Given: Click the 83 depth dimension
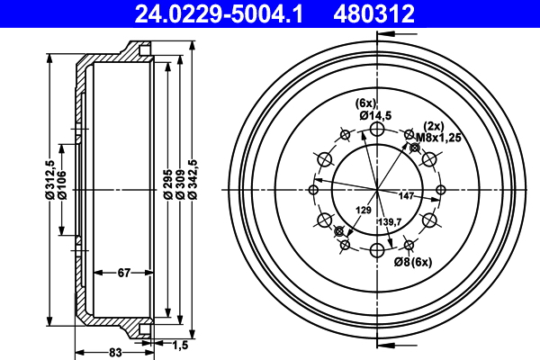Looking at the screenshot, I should tap(114, 352).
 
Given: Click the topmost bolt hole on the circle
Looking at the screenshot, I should tap(377, 131).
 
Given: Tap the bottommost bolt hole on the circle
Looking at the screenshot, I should tap(377, 248).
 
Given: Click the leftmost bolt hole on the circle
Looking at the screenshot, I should tap(314, 190).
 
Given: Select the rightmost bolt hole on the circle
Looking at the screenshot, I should tap(440, 190).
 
